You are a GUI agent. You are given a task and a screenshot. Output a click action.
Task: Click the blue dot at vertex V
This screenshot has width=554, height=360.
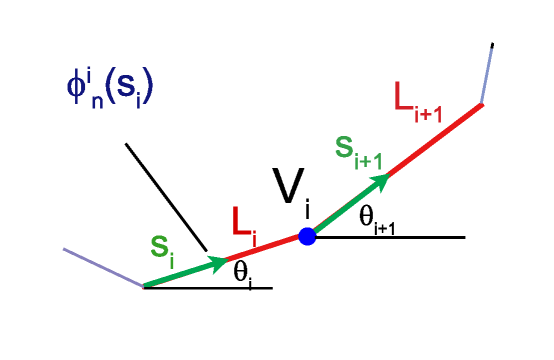click(x=307, y=237)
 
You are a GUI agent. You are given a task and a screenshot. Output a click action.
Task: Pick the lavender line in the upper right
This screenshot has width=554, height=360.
click(x=486, y=74)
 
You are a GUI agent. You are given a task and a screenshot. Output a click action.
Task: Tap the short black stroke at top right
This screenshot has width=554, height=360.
click(x=492, y=47)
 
